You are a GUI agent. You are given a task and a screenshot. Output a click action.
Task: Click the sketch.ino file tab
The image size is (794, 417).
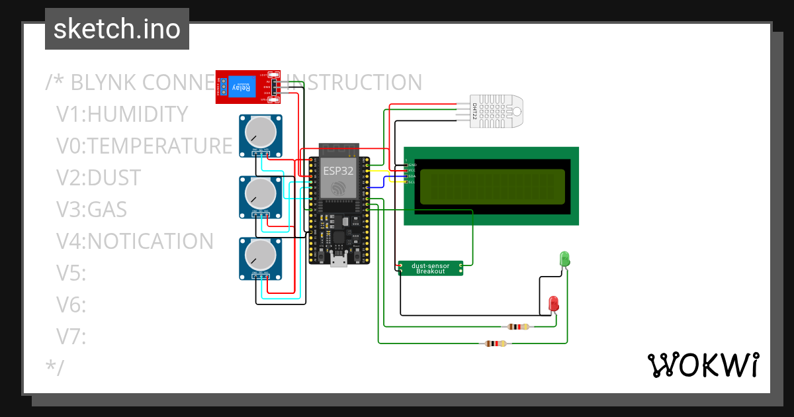pos(116,29)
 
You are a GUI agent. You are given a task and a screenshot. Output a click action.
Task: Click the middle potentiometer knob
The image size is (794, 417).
pos(260,193)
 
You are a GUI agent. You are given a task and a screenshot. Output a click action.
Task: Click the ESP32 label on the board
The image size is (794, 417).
pos(338,171)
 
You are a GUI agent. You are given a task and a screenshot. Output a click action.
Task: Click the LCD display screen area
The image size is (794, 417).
pos(492,185)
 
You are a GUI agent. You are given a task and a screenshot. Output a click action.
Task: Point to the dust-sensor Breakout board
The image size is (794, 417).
pos(430,268)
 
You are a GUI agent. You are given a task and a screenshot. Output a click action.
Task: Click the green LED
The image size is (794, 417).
pos(564,259)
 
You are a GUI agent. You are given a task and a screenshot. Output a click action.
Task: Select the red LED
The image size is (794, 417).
pos(554,304)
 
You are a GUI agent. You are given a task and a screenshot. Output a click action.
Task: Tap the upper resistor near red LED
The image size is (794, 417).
pos(517,326)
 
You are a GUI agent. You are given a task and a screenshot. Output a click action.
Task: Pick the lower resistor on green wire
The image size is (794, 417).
pos(496,344)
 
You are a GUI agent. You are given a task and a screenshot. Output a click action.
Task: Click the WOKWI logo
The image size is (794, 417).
pos(702,365)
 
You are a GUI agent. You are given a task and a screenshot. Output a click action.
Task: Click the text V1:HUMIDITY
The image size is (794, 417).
pos(122,114)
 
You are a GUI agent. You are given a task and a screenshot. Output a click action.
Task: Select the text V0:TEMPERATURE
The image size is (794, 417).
pos(144,146)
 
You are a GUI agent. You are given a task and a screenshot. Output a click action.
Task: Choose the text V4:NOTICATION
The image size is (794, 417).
pos(134,241)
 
